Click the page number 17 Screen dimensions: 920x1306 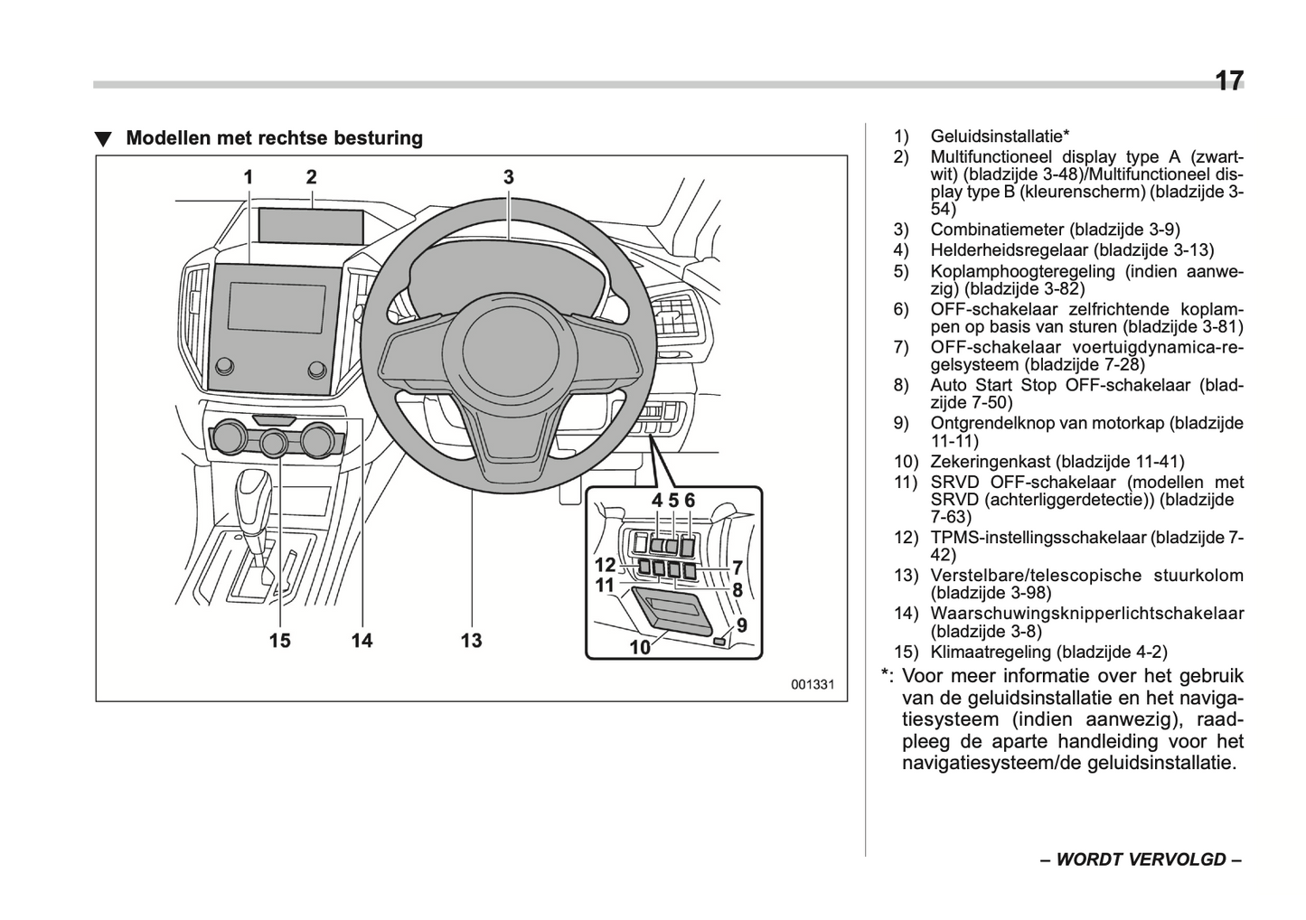click(1228, 81)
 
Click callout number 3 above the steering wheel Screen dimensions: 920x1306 click(509, 177)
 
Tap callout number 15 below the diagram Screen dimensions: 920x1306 click(279, 641)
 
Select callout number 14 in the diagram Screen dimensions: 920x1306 click(362, 641)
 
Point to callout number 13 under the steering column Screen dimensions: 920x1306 click(471, 641)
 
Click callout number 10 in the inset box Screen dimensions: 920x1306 click(639, 647)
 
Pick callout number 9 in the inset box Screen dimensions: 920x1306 click(741, 624)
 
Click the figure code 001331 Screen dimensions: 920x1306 click(813, 684)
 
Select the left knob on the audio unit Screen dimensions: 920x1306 click(224, 366)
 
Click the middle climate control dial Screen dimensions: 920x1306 click(274, 443)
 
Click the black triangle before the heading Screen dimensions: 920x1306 click(104, 140)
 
